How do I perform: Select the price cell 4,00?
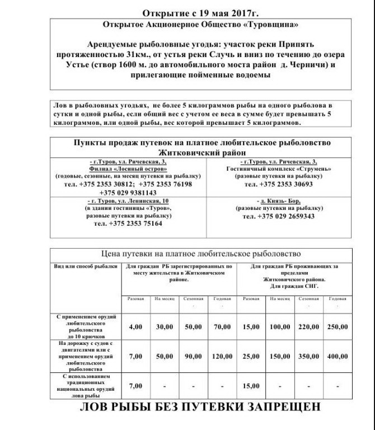coord(136,326)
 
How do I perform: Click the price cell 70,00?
coord(223,326)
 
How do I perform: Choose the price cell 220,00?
coord(308,326)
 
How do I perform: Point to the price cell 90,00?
coord(194,356)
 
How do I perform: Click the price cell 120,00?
coord(223,356)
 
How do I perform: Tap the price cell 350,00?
coord(308,356)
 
